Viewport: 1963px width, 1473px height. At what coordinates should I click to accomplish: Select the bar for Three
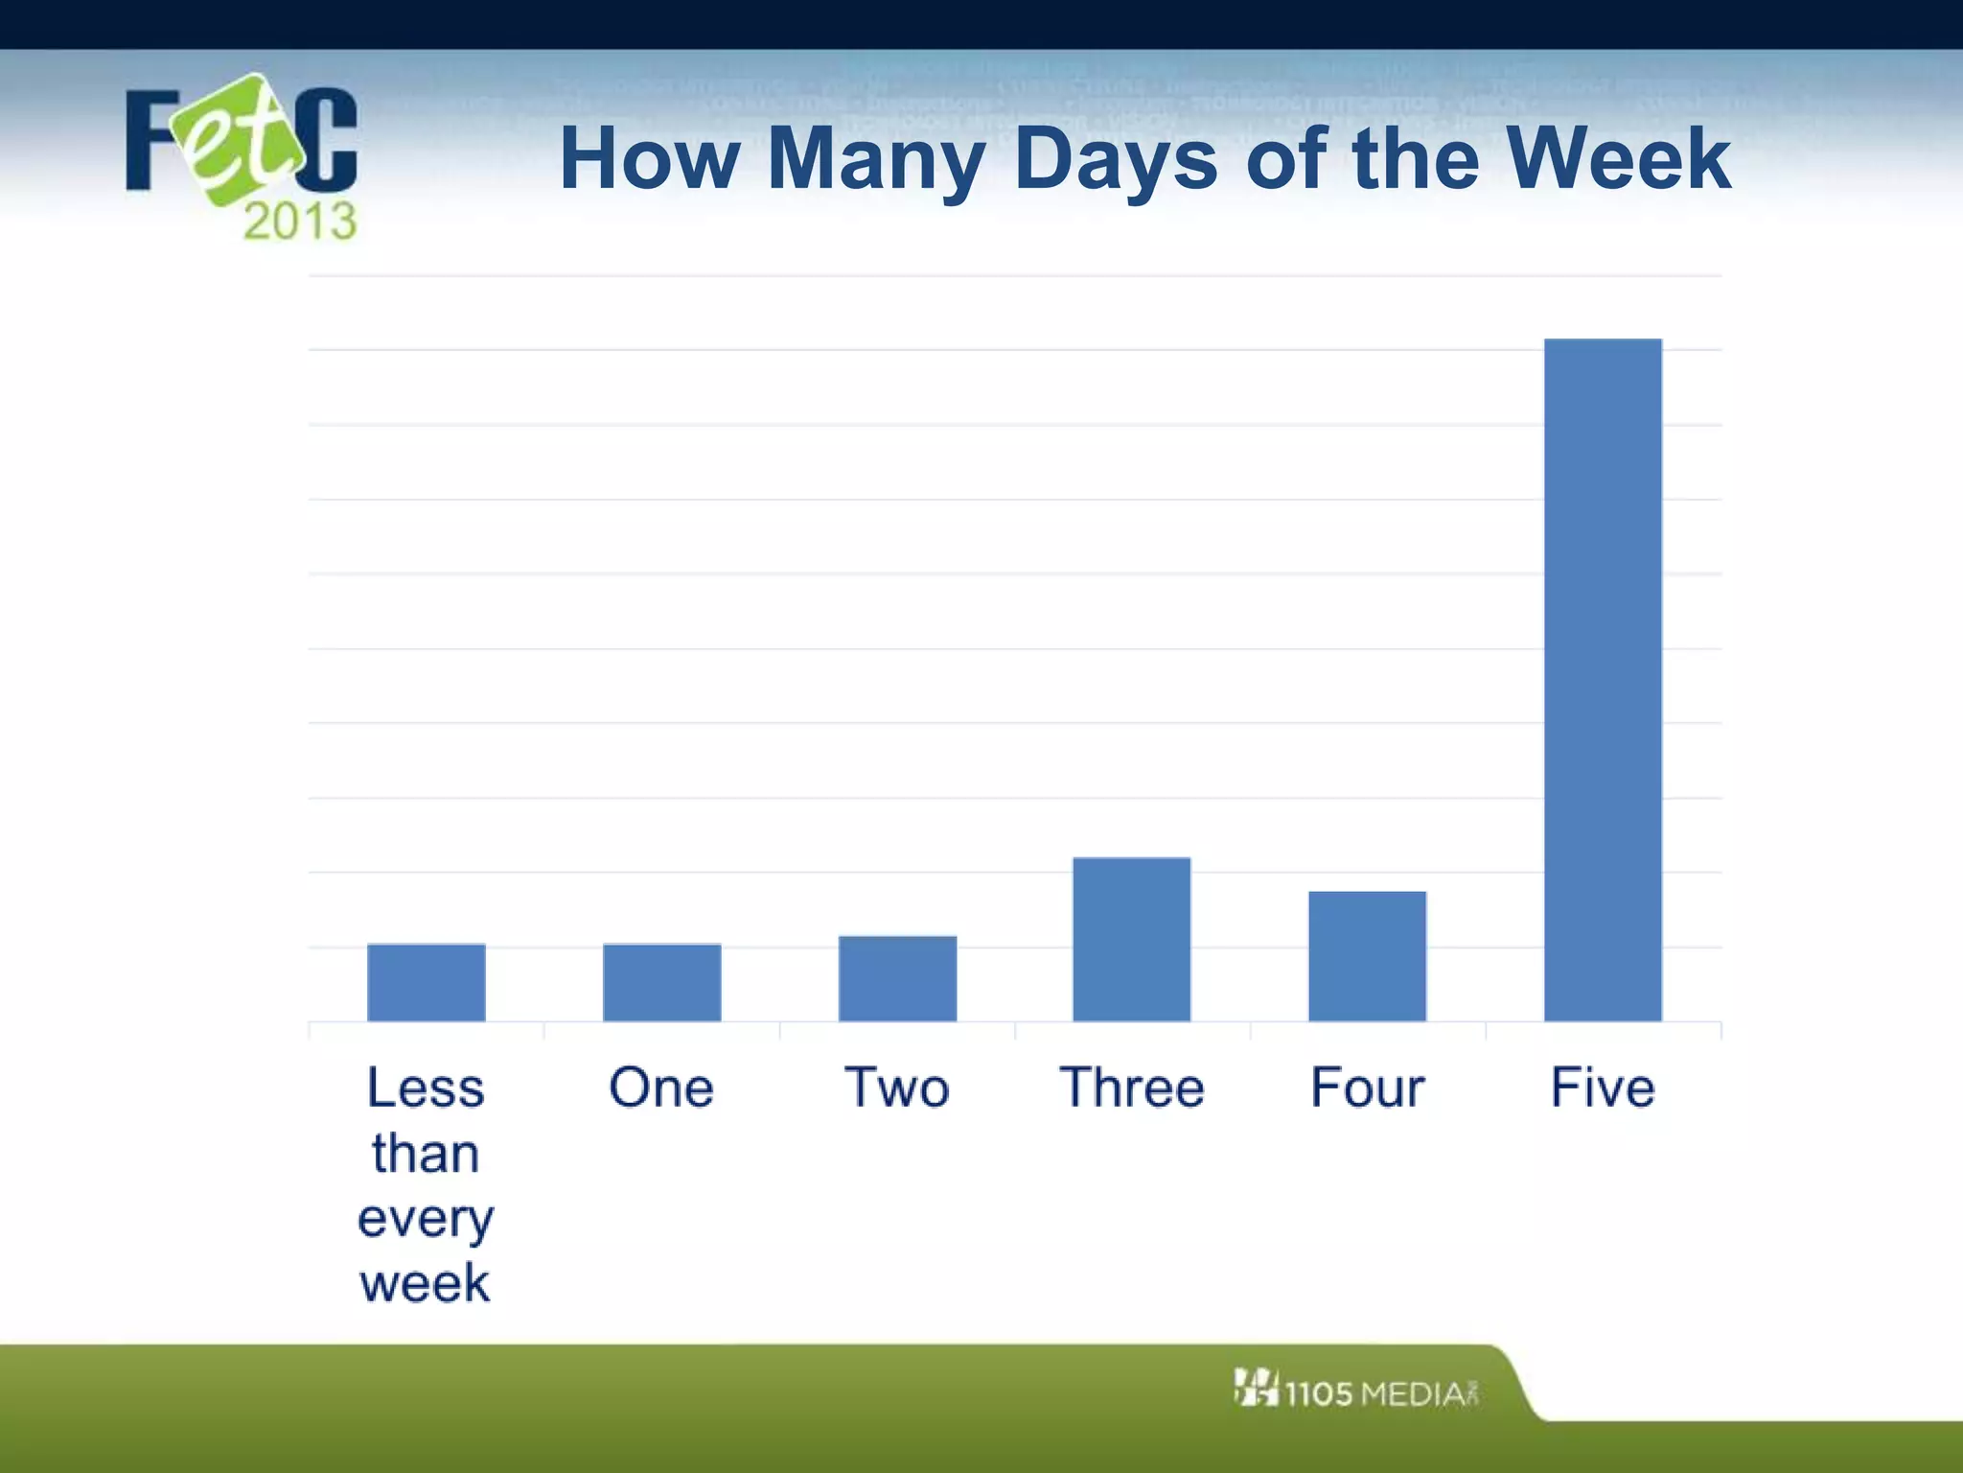[1131, 939]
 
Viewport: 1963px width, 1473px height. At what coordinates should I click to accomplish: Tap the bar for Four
[1367, 956]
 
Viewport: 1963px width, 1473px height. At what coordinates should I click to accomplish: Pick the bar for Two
[897, 978]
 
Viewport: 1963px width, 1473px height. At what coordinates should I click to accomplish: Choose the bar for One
[661, 982]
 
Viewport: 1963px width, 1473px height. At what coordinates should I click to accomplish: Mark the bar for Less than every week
[426, 982]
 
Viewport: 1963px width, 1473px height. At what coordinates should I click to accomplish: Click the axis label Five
[1603, 1087]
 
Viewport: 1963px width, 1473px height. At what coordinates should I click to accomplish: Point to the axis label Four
[1367, 1087]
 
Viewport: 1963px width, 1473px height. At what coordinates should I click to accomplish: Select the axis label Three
[1131, 1087]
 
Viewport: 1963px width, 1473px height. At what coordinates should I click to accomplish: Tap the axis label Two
[897, 1087]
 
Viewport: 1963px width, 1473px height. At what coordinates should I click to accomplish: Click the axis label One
[661, 1087]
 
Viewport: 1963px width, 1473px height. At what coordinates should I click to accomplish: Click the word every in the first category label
[426, 1220]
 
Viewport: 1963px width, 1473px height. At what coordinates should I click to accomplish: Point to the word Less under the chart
[426, 1087]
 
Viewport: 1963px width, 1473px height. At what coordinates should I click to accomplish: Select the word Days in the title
[1115, 159]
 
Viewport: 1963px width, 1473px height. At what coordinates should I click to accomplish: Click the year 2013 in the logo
[300, 222]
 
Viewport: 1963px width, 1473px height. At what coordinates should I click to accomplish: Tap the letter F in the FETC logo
[151, 141]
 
